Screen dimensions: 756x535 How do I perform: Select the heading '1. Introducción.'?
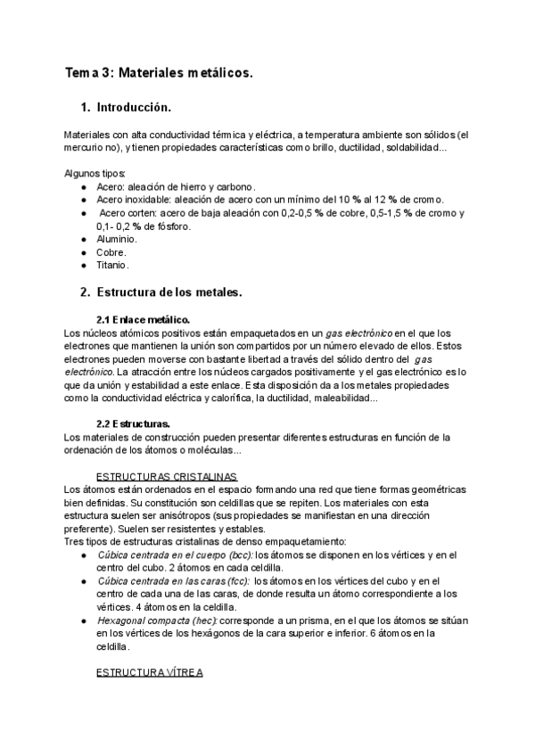[x=125, y=108]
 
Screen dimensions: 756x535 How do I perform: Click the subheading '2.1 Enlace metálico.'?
[x=143, y=320]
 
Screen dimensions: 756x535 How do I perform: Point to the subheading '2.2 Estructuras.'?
[x=134, y=423]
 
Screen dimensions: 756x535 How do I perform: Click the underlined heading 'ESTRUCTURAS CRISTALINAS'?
[x=166, y=476]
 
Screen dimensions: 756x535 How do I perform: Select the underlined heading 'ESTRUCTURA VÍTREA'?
[x=150, y=672]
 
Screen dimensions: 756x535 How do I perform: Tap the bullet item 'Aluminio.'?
[x=117, y=239]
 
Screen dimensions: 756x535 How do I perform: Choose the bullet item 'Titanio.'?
[x=113, y=265]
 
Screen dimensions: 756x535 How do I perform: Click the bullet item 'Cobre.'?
[x=111, y=252]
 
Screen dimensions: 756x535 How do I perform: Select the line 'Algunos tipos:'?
[x=95, y=173]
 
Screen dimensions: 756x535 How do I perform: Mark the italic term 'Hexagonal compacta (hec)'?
[x=157, y=620]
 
